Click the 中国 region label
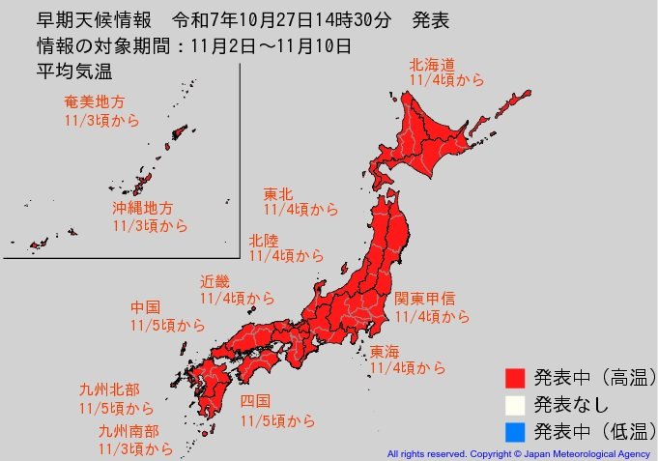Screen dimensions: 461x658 (x=146, y=307)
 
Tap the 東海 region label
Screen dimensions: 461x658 (x=385, y=351)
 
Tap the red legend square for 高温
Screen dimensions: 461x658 (x=514, y=376)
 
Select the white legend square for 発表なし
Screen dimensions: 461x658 (x=514, y=403)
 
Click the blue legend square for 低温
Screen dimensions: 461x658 (x=514, y=430)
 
